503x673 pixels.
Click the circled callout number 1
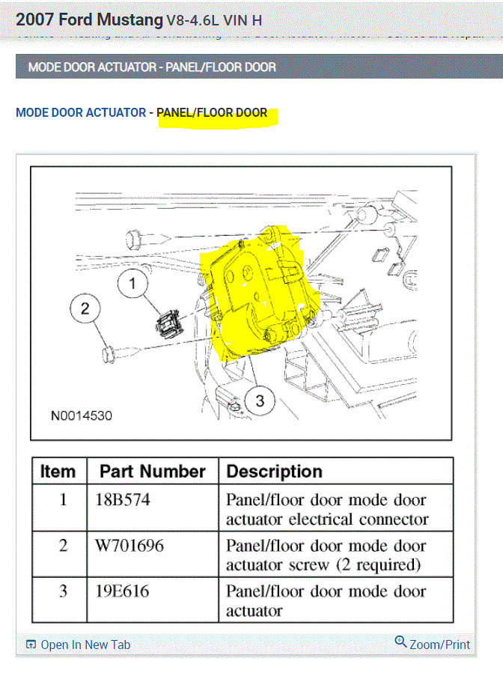pos(133,284)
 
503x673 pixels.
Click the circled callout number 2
pos(85,308)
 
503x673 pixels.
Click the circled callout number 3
pos(259,401)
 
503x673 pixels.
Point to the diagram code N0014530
pos(82,415)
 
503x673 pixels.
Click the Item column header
pos(58,472)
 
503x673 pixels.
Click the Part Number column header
pos(153,472)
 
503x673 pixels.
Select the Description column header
pos(274,472)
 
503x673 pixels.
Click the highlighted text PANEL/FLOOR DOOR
pos(212,113)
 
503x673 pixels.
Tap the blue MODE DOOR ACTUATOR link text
pos(81,113)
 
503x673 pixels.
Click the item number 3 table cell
pos(62,591)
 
